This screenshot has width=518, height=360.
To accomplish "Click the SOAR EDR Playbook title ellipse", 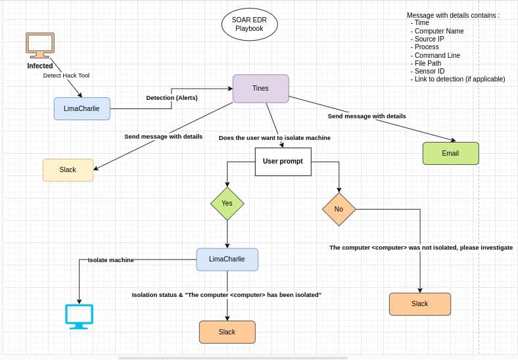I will tap(249, 25).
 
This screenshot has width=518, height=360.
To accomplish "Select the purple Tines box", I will tap(260, 89).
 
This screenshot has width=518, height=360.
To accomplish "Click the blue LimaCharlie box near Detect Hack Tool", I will tap(82, 108).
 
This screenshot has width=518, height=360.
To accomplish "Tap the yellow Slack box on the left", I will tap(68, 169).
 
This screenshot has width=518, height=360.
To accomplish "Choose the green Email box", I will tap(450, 153).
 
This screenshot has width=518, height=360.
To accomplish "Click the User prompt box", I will tap(283, 161).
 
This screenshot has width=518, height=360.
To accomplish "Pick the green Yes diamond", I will tap(227, 203).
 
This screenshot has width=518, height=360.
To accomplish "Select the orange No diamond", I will tap(339, 209).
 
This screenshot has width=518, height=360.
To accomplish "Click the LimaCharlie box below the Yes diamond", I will tap(227, 259).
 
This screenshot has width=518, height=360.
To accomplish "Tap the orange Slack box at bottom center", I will tap(227, 332).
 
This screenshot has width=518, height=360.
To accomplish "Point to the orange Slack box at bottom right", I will tap(419, 304).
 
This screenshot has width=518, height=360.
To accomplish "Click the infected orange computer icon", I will tap(39, 45).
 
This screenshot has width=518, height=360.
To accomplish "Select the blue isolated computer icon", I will tap(79, 316).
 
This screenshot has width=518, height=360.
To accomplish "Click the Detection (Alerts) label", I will tap(172, 98).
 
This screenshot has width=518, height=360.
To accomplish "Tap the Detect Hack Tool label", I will tap(66, 76).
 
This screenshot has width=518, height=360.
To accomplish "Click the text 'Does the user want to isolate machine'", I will tap(274, 138).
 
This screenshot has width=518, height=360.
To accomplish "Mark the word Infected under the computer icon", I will tap(39, 66).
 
